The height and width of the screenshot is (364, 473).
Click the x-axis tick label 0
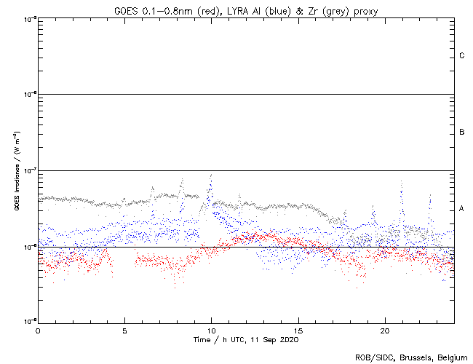tap(38, 330)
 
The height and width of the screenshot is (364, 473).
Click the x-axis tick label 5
tap(124, 330)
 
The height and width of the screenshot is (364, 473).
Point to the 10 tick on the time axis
tap(211, 330)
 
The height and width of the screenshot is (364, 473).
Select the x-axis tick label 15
tap(298, 330)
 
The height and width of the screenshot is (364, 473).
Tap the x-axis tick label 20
tap(384, 330)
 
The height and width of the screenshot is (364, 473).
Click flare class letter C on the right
tap(462, 56)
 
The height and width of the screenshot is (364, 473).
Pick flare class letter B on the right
tap(462, 132)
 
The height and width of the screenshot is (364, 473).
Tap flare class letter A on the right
tap(462, 209)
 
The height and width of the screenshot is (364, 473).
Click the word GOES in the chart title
tap(125, 10)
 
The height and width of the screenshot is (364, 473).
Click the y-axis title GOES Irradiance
tap(16, 170)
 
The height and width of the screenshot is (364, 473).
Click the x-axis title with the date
tap(245, 339)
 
